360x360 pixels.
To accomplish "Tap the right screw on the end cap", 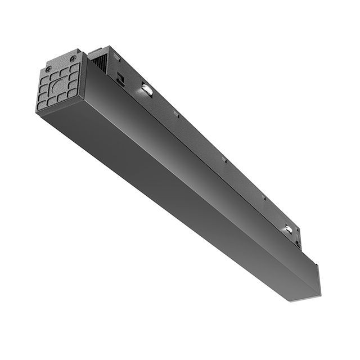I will click(73, 58).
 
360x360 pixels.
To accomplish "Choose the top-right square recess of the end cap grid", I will click(73, 68).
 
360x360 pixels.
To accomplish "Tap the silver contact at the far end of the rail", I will click(289, 228).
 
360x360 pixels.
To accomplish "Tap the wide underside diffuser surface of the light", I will click(169, 186).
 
